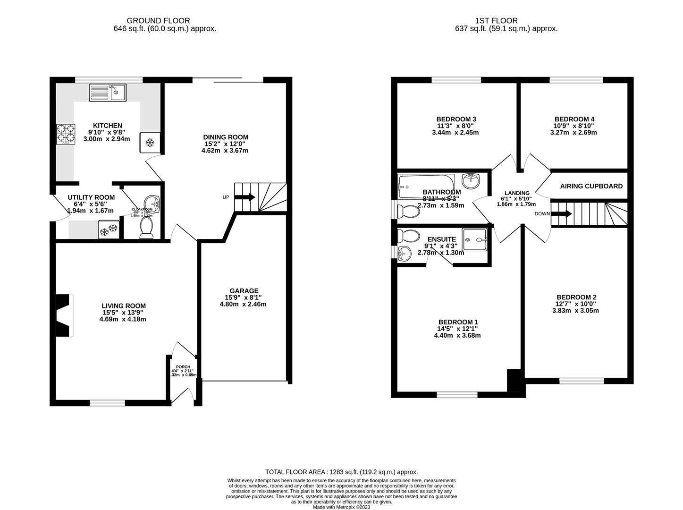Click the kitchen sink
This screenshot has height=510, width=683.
[x=108, y=92]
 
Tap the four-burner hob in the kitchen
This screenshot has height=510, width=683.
[x=66, y=133]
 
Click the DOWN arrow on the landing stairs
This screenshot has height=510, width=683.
[x=562, y=213]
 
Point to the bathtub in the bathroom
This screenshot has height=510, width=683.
[x=426, y=186]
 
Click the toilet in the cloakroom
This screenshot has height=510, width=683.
[x=146, y=228]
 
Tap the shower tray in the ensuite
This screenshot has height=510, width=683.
[x=474, y=240]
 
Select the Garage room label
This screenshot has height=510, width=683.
[x=244, y=290]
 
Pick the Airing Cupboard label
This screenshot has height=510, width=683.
[x=591, y=186]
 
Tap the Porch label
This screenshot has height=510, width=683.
[x=183, y=367]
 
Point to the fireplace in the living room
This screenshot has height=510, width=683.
[x=63, y=315]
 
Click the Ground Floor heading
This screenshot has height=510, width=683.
[x=158, y=20]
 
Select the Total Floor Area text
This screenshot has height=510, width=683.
[x=341, y=472]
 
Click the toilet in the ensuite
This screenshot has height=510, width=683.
[x=408, y=236]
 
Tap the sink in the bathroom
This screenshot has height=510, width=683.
[x=470, y=180]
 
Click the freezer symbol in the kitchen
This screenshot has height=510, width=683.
[x=150, y=143]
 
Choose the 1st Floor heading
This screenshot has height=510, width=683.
[x=496, y=20]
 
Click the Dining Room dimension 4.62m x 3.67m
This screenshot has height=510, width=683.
[x=224, y=151]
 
